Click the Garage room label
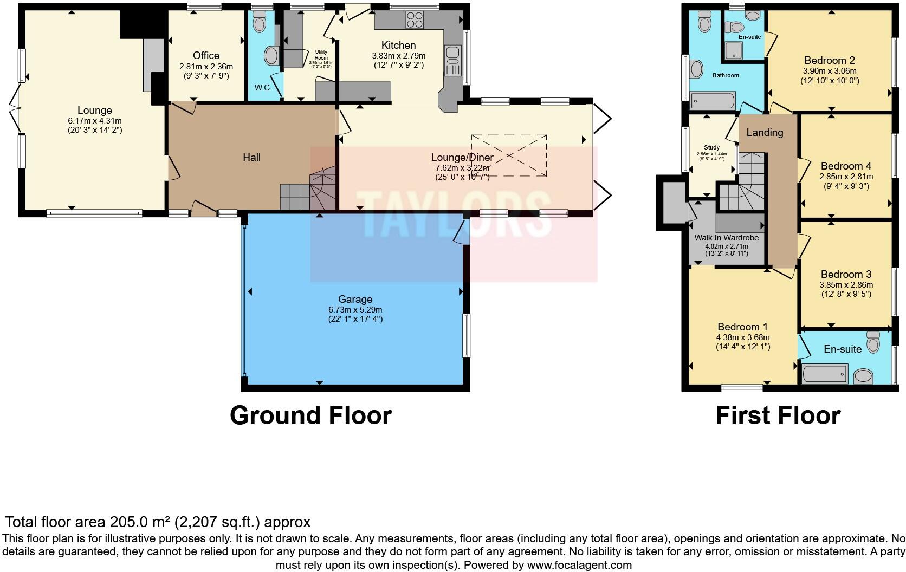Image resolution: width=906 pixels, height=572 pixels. [355, 299]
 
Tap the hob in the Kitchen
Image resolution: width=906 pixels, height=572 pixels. [415, 20]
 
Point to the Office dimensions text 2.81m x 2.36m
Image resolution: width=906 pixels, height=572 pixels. [206, 67]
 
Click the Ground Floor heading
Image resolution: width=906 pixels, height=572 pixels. [310, 415]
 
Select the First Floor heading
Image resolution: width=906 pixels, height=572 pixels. [778, 415]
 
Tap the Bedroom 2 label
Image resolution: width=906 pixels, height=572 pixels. [829, 60]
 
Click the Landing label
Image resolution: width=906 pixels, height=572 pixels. [765, 132]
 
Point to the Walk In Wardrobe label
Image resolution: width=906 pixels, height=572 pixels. [726, 238]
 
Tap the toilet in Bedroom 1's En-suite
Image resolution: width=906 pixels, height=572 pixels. [872, 343]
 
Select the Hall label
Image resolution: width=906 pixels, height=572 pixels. [251, 158]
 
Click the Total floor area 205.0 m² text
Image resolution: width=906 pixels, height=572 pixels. [157, 522]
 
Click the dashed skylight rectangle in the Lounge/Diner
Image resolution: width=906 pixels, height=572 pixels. [508, 155]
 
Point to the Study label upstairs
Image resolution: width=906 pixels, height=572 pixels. [711, 147]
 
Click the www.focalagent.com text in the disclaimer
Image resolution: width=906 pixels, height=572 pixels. [579, 565]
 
